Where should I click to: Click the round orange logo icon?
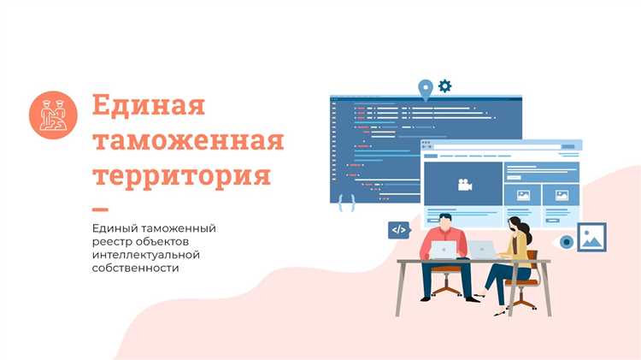(x=53, y=113)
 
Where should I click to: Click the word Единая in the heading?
(x=149, y=106)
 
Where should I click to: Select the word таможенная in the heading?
(x=187, y=140)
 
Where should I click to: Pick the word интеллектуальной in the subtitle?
(x=146, y=255)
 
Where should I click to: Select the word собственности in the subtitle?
(x=136, y=269)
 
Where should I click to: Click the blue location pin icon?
(x=424, y=88)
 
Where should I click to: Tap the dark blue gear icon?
(x=445, y=86)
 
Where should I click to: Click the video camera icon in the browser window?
(x=464, y=184)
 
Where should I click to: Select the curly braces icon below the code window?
(x=347, y=203)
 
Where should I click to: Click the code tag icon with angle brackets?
(x=398, y=229)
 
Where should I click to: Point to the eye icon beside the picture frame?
(x=566, y=242)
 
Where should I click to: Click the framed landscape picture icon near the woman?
(x=591, y=237)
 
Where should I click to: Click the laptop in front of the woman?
(x=484, y=250)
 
